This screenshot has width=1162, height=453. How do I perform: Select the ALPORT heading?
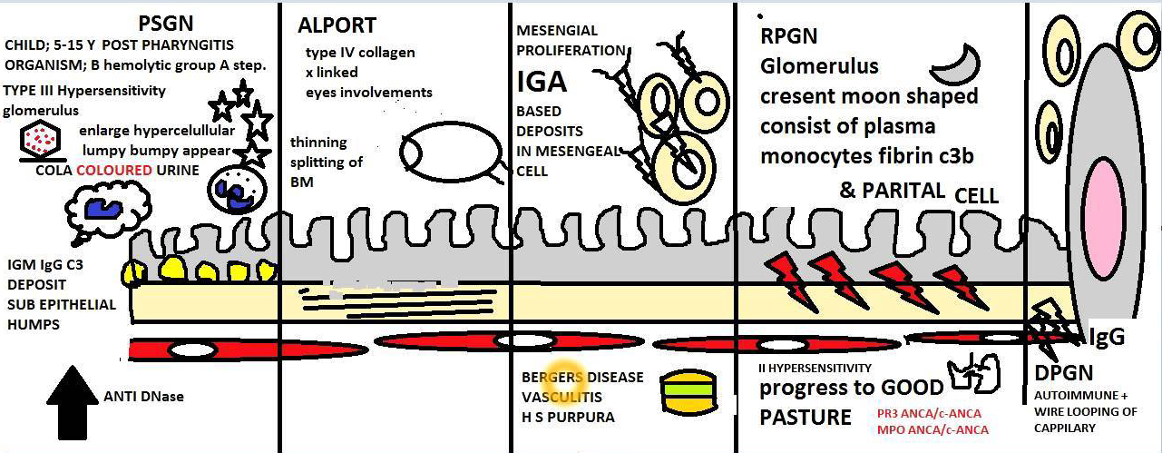point(337,26)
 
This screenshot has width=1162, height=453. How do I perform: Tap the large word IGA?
point(542,82)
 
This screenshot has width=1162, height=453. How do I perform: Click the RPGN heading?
point(789,35)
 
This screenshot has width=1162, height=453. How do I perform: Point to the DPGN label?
point(1063,373)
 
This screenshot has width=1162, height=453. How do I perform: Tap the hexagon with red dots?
point(40,140)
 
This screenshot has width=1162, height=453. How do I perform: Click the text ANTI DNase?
point(144,396)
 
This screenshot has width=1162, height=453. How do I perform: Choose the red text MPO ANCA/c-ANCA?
point(933,429)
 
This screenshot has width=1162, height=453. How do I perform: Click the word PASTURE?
point(806,418)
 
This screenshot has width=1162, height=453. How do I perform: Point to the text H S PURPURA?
point(567,418)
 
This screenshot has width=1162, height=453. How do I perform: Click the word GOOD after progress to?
point(913,389)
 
